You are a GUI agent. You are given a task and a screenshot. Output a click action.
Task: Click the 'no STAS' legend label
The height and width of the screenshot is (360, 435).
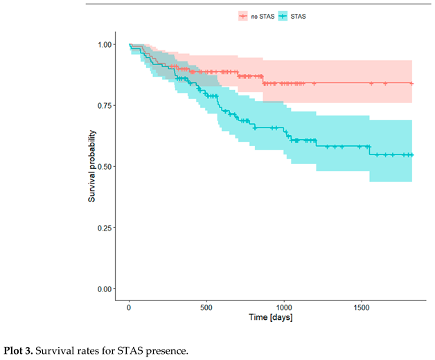tap(262, 15)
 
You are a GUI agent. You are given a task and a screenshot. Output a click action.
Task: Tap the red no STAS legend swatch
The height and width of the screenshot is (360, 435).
tap(242, 15)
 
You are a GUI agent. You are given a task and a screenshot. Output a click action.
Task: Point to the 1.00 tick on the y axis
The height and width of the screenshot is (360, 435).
tap(103, 44)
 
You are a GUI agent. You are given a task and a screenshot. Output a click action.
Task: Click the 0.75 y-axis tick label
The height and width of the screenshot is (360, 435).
tap(103, 105)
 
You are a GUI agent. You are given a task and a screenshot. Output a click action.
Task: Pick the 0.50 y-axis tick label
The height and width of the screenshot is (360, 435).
tap(103, 166)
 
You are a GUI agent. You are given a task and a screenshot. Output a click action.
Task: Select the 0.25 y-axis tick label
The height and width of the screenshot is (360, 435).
tap(103, 227)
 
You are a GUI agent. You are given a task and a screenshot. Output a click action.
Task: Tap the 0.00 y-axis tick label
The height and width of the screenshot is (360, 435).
tap(103, 288)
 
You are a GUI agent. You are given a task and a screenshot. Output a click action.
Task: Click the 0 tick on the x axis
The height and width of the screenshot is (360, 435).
tap(130, 307)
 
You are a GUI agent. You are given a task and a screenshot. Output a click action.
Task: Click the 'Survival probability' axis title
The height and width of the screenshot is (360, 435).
tap(91, 166)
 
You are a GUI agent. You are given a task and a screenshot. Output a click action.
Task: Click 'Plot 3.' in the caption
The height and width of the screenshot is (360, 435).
tap(19, 349)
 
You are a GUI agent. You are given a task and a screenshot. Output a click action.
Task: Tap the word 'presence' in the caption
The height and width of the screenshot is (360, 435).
tap(168, 349)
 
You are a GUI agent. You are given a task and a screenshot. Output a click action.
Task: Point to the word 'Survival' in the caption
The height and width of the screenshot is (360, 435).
tap(60, 349)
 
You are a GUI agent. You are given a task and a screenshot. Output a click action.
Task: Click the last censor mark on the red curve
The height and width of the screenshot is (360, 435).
tap(411, 83)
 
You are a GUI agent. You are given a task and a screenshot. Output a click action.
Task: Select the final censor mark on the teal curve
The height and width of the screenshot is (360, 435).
tap(411, 155)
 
